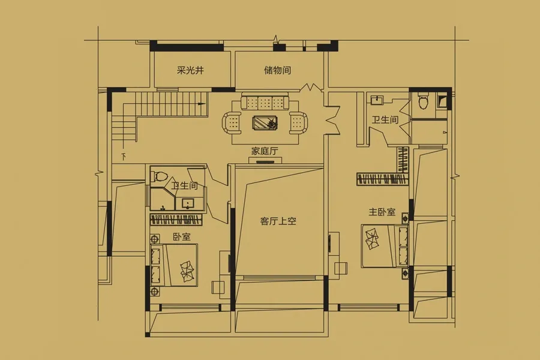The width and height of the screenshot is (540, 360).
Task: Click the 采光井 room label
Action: pyautogui.click(x=190, y=70)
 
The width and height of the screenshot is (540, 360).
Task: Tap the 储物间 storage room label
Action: pyautogui.click(x=278, y=70)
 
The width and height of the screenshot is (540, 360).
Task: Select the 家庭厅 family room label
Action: pyautogui.click(x=265, y=151)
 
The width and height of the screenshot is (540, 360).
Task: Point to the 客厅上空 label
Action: pyautogui.click(x=278, y=221)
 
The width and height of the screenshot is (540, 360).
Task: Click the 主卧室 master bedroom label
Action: pyautogui.click(x=382, y=212)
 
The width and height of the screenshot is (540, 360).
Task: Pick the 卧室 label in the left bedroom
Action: pyautogui.click(x=181, y=237)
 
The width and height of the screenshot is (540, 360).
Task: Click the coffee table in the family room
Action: pyautogui.click(x=265, y=122)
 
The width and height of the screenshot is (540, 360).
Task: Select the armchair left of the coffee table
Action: pyautogui.click(x=232, y=122)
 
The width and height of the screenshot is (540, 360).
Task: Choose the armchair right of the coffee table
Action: pyautogui.click(x=299, y=122)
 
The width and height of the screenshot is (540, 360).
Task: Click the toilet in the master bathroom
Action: pyautogui.click(x=424, y=101)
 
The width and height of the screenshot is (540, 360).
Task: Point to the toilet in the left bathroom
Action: pyautogui.click(x=160, y=175)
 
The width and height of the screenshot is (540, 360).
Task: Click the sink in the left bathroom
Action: pyautogui.click(x=188, y=203)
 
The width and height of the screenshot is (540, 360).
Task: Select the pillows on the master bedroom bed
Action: pyautogui.click(x=371, y=238)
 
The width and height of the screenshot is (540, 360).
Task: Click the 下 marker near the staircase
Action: pyautogui.click(x=123, y=157)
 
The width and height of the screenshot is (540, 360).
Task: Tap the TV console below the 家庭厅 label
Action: pyautogui.click(x=265, y=160)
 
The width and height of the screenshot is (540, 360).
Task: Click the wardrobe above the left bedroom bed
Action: pyautogui.click(x=176, y=220)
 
